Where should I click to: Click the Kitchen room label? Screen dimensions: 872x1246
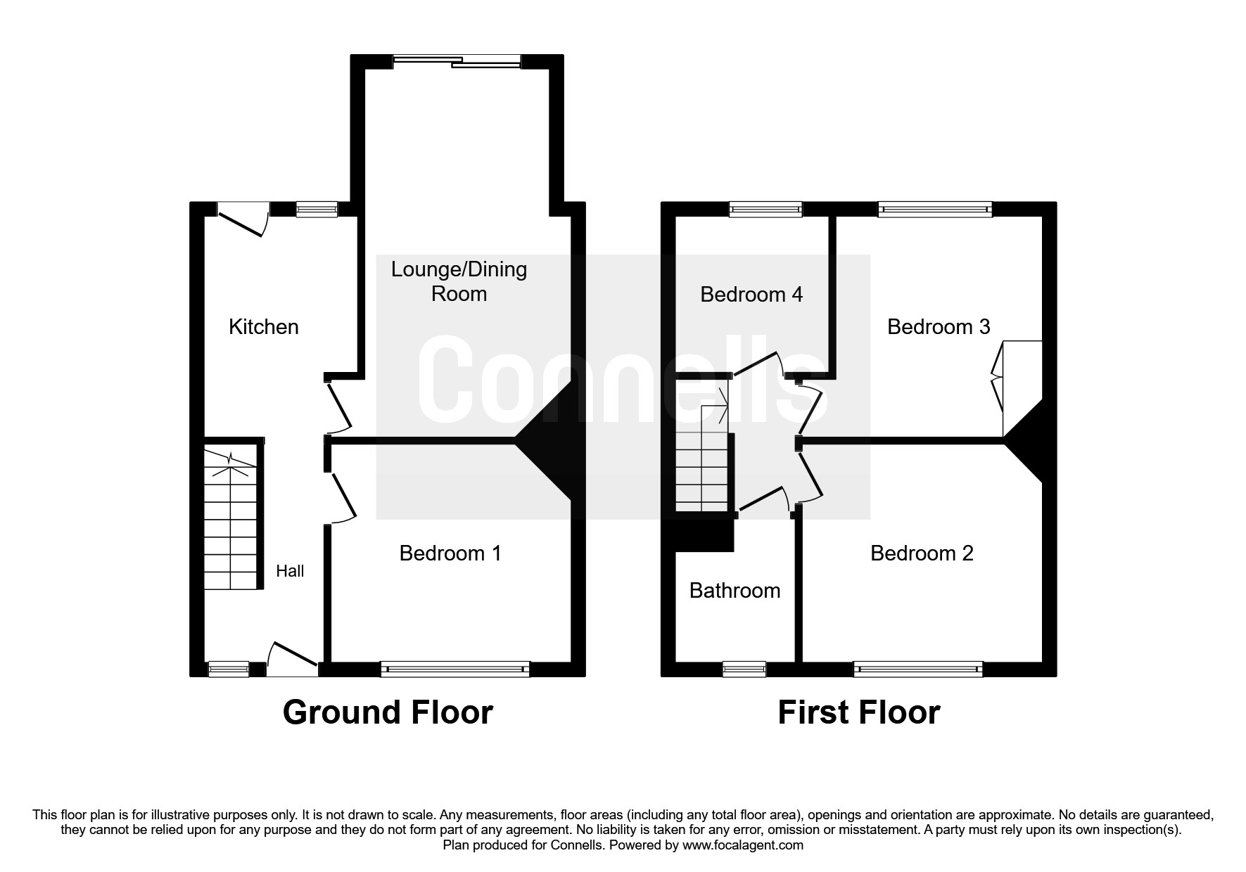point(264,327)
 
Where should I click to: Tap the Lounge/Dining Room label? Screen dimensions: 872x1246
point(459,281)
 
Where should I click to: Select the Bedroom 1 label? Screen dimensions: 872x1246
point(450,553)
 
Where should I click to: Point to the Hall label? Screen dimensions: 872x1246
point(290,571)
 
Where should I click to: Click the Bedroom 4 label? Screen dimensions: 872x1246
point(751,294)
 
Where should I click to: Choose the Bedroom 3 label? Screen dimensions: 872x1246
point(939,327)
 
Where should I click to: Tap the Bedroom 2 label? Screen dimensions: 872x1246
point(922,553)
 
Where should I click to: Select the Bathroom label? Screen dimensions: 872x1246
point(735,591)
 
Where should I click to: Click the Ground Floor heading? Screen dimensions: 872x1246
point(388,712)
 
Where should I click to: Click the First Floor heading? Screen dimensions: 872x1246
point(858,712)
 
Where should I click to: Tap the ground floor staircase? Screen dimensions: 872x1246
point(230,517)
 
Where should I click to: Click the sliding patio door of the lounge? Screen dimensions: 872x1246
point(457,62)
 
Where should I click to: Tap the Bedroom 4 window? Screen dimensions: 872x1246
point(765,208)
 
